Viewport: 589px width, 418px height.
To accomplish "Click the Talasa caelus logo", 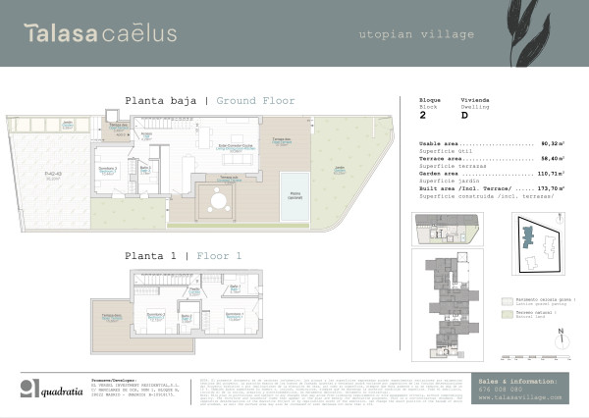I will click(100, 33).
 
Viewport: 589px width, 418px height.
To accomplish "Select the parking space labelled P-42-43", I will click(53, 177).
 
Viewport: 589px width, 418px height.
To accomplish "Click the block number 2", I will click(422, 115).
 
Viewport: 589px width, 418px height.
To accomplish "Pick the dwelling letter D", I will click(463, 115).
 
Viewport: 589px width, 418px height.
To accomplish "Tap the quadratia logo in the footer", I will click(59, 389).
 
